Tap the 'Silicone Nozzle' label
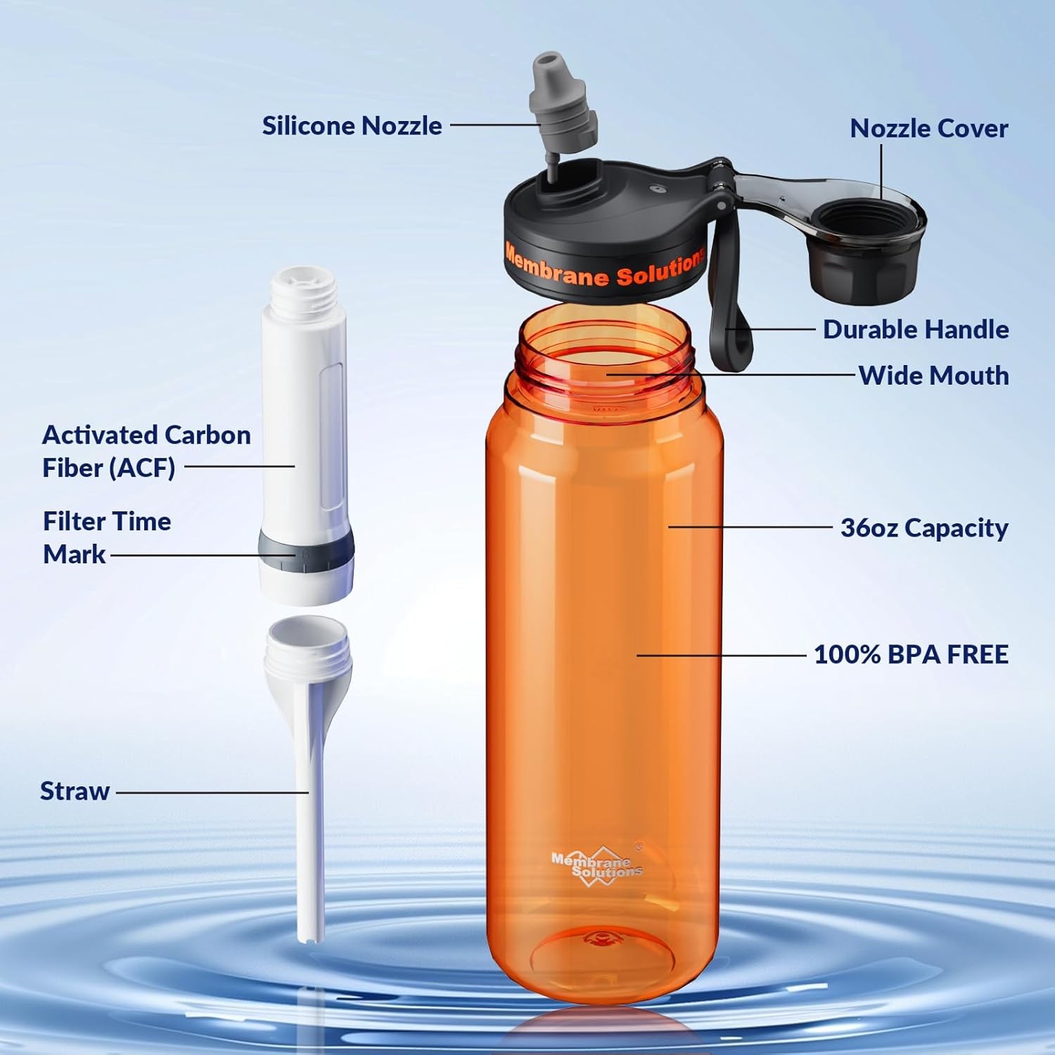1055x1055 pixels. coord(352,126)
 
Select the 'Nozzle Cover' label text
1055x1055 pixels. coord(929,128)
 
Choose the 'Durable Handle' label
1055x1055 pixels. coord(916,329)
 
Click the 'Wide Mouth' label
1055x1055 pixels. coord(934,376)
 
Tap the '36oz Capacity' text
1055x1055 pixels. coord(924,528)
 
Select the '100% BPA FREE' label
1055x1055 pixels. coord(911,655)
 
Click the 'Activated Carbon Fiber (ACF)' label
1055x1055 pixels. coord(146,451)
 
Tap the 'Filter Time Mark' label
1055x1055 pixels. coord(107,537)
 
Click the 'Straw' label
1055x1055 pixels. coord(75,791)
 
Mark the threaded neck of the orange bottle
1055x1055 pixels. coord(603,352)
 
